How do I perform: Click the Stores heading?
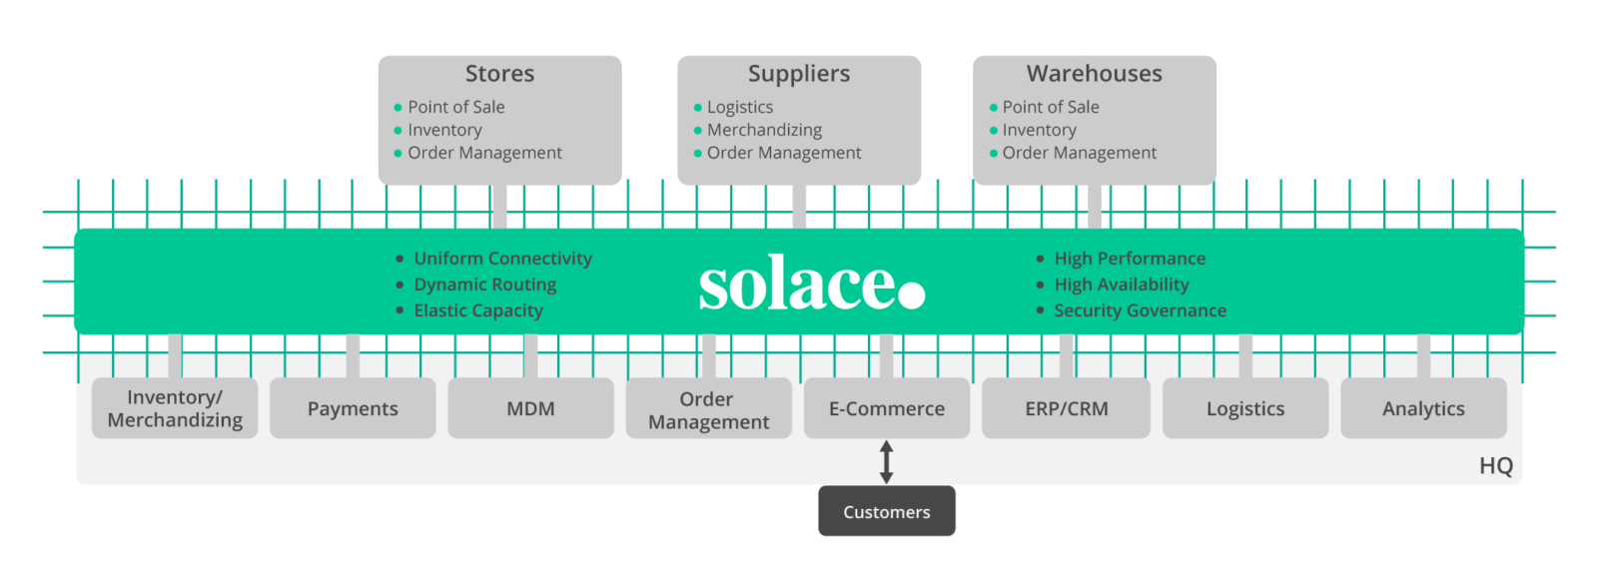coord(499,74)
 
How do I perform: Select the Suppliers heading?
coord(799,74)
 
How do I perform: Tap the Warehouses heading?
coord(1095,74)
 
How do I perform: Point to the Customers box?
coord(887,512)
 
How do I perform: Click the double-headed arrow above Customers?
coord(886,462)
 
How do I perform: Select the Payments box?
coord(353,408)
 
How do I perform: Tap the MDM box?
coord(530,408)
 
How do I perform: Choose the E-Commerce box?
coord(887,408)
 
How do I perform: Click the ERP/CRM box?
coord(1066,408)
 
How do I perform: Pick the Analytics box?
coord(1423,408)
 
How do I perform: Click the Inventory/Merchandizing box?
coord(175,408)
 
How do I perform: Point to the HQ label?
coord(1495,466)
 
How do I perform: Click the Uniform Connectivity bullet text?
coord(502,259)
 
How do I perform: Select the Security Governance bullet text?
coord(1140,310)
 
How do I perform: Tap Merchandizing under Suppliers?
coord(764,130)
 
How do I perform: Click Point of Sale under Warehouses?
coord(1051,107)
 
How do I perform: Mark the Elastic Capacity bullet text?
coord(478,310)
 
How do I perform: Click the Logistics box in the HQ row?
coord(1245,408)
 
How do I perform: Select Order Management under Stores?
coord(484,153)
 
